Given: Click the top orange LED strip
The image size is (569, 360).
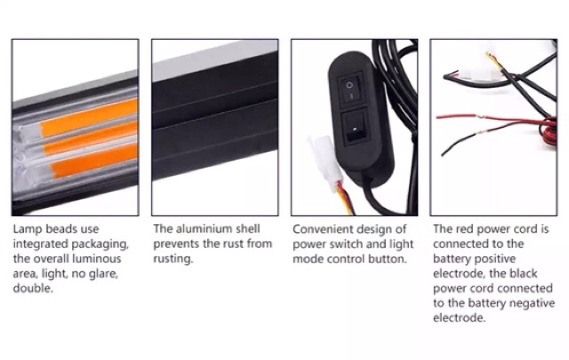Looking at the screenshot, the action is coord(89,116).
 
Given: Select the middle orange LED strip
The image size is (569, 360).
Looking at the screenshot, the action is coord(91,138).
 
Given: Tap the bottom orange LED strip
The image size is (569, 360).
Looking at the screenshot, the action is coord(93,159).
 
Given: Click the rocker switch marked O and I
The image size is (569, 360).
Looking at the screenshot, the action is coord(349,89).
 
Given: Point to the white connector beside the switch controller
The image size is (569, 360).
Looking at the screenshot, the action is coord(325,162).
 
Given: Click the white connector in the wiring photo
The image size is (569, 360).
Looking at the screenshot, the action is coord(478,76).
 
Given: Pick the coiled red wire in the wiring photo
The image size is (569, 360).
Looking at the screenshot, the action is coord(548,131).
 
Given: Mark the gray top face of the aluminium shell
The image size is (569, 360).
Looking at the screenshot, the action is coord(215,60).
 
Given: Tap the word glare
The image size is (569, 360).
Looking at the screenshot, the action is coord(102,274).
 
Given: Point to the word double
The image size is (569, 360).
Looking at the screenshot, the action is coord(33,289).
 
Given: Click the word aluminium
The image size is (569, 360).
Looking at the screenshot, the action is coord(205,229).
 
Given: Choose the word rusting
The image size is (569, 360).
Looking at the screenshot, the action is coord(172,260).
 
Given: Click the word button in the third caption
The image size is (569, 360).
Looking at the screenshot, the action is coord(388,260).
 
